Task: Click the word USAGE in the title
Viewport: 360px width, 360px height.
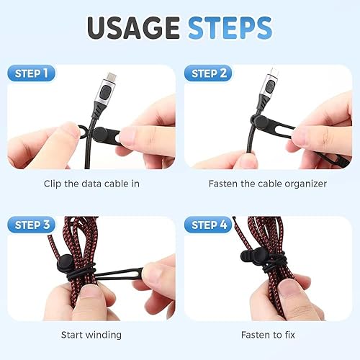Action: (x=134, y=28)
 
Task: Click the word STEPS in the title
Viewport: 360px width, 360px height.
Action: (x=230, y=28)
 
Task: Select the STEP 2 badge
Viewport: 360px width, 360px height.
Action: (x=208, y=73)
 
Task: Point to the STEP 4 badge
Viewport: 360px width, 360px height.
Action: (x=208, y=225)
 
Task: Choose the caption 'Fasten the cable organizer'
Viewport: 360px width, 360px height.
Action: (x=268, y=184)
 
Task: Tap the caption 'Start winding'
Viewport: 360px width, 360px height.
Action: (x=91, y=335)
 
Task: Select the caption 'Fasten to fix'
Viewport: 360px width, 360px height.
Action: (x=268, y=335)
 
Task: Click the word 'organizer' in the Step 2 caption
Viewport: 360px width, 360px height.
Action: (x=305, y=184)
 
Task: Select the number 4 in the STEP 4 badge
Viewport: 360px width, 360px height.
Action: (x=223, y=225)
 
